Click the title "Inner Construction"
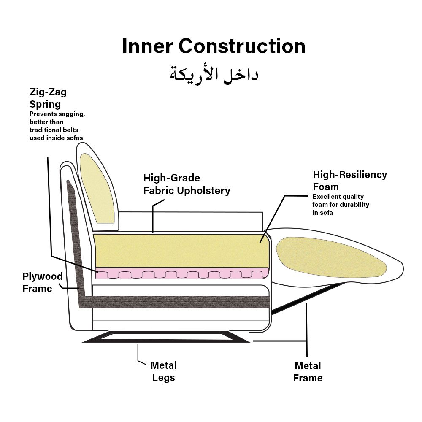pyautogui.click(x=214, y=46)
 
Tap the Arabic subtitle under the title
pyautogui.click(x=214, y=74)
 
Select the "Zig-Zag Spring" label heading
pyautogui.click(x=48, y=98)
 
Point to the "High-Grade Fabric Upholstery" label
pyautogui.click(x=187, y=184)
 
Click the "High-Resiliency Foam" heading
pyautogui.click(x=349, y=180)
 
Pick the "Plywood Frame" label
pyautogui.click(x=42, y=283)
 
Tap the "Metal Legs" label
pyautogui.click(x=163, y=371)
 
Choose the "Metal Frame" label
pyautogui.click(x=308, y=372)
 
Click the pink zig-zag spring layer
pyautogui.click(x=181, y=273)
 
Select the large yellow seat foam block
pyautogui.click(x=181, y=251)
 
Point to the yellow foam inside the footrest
pyautogui.click(x=331, y=257)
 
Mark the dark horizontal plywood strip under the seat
pyautogui.click(x=177, y=302)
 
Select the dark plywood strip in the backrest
pyautogui.click(x=75, y=236)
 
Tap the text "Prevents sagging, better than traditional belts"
pyautogui.click(x=57, y=126)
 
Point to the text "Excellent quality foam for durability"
pyautogui.click(x=341, y=205)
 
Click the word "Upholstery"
pyautogui.click(x=205, y=191)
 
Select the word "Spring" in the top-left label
pyautogui.click(x=45, y=104)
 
